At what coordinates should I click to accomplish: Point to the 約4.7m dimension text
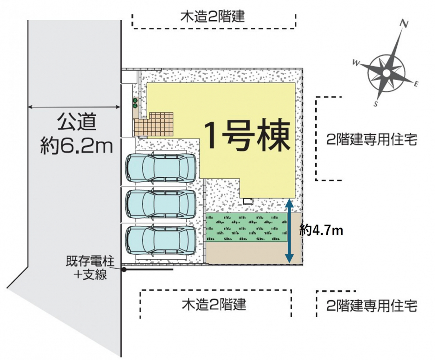tap(321, 230)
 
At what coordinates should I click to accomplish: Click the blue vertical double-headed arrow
tap(290, 230)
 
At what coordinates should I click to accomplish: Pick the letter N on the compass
tap(404, 24)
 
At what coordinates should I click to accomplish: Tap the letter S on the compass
tap(376, 104)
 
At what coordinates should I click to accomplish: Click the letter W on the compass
tap(356, 63)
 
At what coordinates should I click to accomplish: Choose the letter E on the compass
tap(416, 85)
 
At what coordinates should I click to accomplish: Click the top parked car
tap(161, 167)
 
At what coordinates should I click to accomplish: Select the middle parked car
tap(161, 204)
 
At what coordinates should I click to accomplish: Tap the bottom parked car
tap(161, 240)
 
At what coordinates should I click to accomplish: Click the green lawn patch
tap(247, 227)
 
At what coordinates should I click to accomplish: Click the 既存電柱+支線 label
tap(90, 268)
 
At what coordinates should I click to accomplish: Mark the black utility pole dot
tap(124, 269)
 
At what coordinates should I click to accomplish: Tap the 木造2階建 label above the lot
tap(213, 17)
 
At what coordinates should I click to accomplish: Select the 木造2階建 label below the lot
tap(214, 305)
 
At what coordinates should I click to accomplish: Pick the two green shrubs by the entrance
tap(135, 103)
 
